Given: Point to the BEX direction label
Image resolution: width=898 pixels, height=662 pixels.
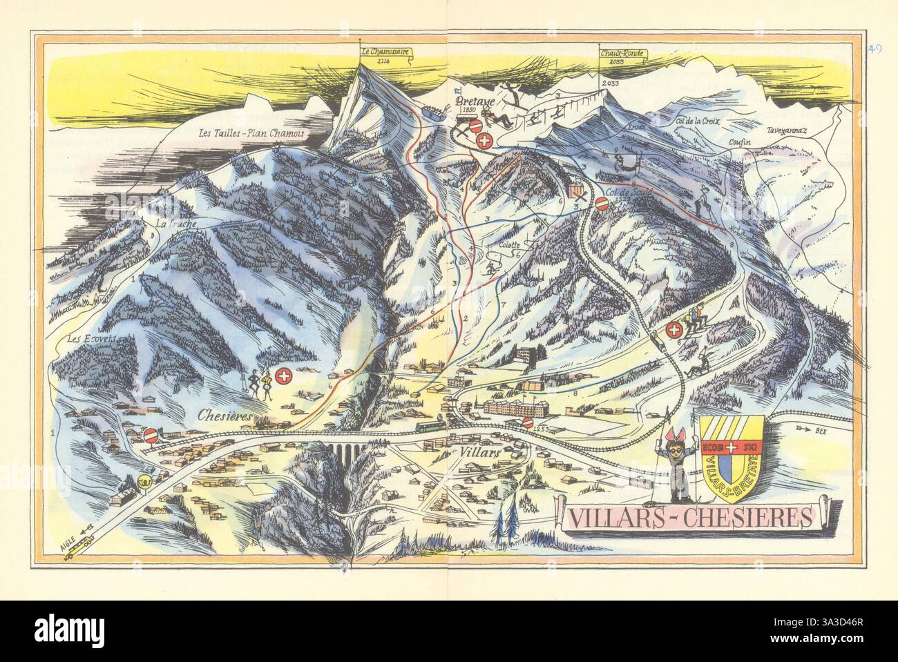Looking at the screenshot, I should click(819, 428).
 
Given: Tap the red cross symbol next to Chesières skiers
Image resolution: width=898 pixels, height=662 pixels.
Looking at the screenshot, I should click(283, 376).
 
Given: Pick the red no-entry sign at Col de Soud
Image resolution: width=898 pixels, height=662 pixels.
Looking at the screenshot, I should click(602, 204).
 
